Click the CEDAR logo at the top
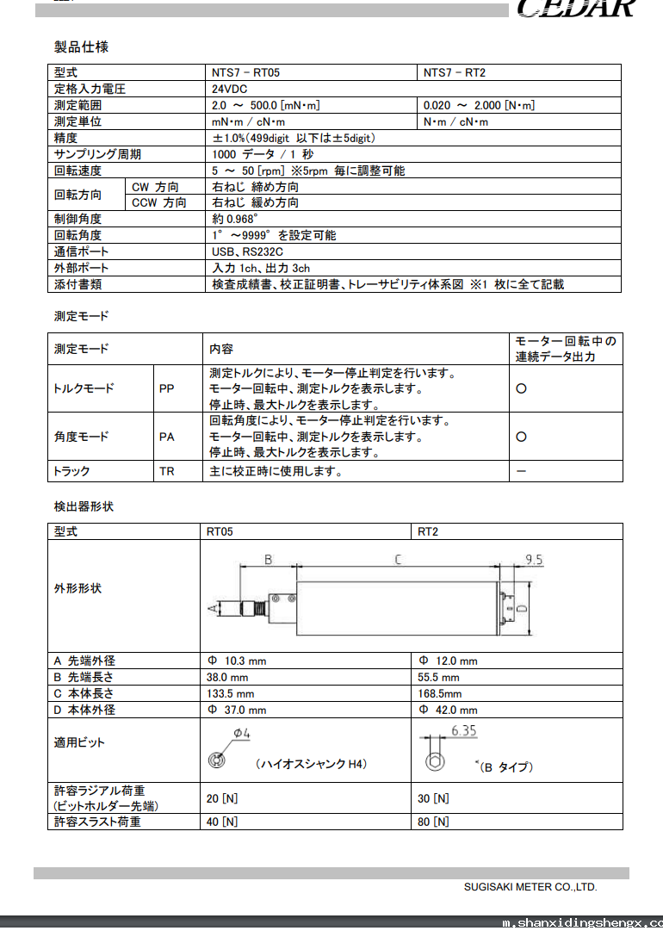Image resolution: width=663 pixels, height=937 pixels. pyautogui.click(x=577, y=9)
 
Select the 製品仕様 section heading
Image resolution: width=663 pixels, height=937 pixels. pyautogui.click(x=81, y=47)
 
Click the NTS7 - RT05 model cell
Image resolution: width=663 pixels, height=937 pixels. pyautogui.click(x=245, y=73)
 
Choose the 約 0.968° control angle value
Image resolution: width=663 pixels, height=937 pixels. pyautogui.click(x=234, y=219)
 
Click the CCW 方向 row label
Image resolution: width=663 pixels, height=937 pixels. pyautogui.click(x=158, y=203)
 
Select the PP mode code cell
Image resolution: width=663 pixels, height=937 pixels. pyautogui.click(x=167, y=389)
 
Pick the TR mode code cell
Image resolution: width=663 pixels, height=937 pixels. pyautogui.click(x=167, y=472)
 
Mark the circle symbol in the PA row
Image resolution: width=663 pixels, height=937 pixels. pyautogui.click(x=521, y=437)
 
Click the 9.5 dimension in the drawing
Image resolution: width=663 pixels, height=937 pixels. pyautogui.click(x=534, y=560)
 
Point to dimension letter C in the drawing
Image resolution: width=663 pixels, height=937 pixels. pyautogui.click(x=397, y=561)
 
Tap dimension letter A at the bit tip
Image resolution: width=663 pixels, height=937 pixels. pyautogui.click(x=213, y=609)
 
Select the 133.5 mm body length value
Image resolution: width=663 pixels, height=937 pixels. pyautogui.click(x=230, y=693)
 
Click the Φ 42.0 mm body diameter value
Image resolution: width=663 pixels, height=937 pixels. pyautogui.click(x=448, y=710)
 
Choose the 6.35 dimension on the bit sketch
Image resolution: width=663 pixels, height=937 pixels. pyautogui.click(x=462, y=731)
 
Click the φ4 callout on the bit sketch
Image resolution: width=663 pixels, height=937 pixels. pyautogui.click(x=241, y=734)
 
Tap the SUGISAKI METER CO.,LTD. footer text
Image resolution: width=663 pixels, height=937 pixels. pyautogui.click(x=530, y=886)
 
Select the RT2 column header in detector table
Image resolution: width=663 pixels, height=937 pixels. pyautogui.click(x=428, y=531)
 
